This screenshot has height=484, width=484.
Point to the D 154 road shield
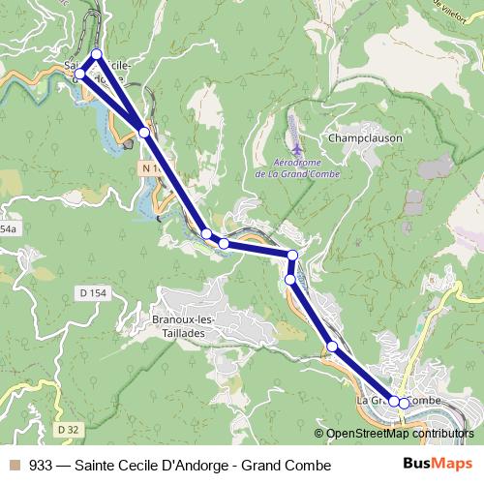click(x=93, y=293)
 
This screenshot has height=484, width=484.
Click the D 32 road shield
click(x=67, y=429)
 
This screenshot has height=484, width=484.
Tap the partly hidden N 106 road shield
click(x=146, y=168)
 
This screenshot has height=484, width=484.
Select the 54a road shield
click(x=8, y=229)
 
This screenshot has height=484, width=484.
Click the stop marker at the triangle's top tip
click(x=96, y=54)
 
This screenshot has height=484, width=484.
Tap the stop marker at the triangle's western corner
click(x=79, y=74)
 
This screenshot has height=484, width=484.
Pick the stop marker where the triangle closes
click(x=143, y=132)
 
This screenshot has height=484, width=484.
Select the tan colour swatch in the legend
click(x=14, y=466)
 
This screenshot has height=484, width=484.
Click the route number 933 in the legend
click(x=41, y=466)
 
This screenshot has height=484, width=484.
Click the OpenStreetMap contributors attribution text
click(x=401, y=434)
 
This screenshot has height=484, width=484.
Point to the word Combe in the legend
click(x=309, y=466)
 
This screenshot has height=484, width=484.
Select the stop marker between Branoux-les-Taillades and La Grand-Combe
click(x=331, y=346)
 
